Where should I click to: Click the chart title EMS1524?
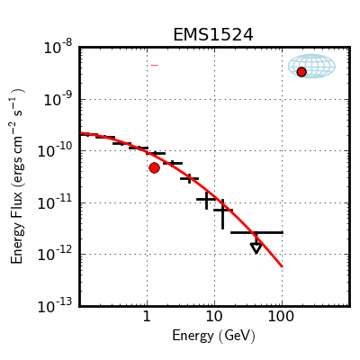(x=213, y=34)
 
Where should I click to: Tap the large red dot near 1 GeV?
(x=154, y=168)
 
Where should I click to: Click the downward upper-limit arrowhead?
(x=256, y=248)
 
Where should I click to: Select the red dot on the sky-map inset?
(x=301, y=72)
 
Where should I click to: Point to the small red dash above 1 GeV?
(x=154, y=65)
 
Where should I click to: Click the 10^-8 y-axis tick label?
(x=58, y=48)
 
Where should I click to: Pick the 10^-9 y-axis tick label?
(x=58, y=100)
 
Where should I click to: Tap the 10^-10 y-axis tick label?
(x=55, y=151)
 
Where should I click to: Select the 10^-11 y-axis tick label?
(x=55, y=203)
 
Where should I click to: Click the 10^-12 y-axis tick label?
(x=55, y=255)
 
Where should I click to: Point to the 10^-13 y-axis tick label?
(x=55, y=307)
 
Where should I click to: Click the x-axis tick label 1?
(x=147, y=317)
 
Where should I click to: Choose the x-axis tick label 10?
(x=214, y=317)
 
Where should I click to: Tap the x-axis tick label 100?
(x=281, y=317)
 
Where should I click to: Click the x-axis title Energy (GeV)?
(x=213, y=336)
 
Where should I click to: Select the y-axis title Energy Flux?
(x=17, y=176)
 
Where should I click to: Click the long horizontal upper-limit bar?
(x=256, y=232)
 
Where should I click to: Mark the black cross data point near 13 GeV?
(x=222, y=213)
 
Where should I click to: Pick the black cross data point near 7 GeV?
(x=206, y=200)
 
